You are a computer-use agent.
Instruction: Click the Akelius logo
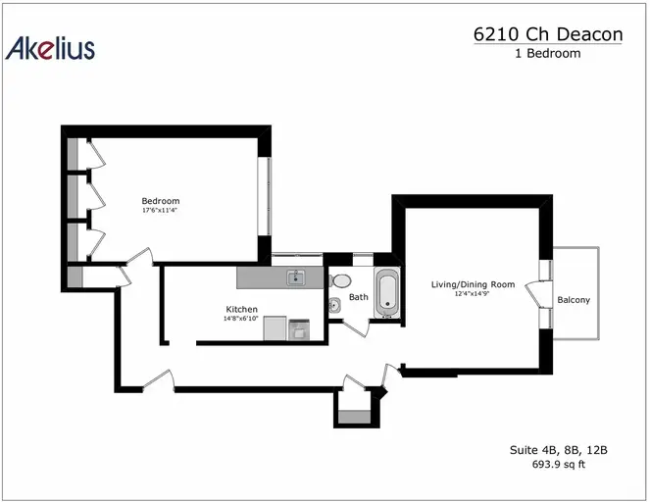tap(50, 48)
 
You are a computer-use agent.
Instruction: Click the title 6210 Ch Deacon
tap(548, 34)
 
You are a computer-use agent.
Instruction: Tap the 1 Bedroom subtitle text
tap(548, 54)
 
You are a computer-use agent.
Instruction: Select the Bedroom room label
tap(161, 201)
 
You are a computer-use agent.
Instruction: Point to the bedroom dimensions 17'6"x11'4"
tap(160, 210)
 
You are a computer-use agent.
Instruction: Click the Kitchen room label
tap(242, 309)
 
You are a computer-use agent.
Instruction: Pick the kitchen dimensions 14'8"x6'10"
tap(241, 319)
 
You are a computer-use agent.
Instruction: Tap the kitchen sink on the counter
tap(296, 277)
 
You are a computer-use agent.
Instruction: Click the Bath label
tap(359, 297)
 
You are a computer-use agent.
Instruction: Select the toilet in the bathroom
tap(340, 280)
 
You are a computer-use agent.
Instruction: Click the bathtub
tap(387, 292)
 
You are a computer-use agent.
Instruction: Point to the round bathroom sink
tap(334, 306)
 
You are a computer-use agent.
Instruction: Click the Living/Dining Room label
tap(473, 284)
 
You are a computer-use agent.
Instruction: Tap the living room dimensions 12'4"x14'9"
tap(472, 293)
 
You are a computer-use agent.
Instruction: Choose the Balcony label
tap(574, 300)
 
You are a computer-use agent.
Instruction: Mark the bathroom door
tap(357, 327)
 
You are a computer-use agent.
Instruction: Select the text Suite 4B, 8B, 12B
tap(559, 450)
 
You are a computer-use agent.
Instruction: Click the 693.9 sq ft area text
tap(559, 464)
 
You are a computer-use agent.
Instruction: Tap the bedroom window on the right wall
tap(265, 196)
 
